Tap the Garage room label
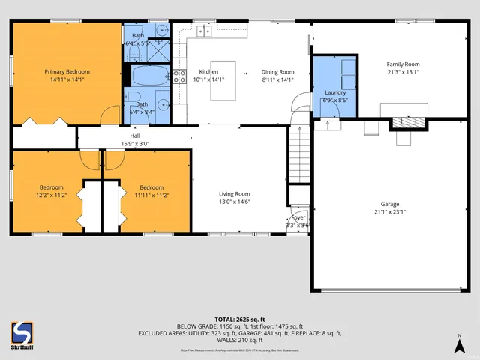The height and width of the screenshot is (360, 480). (x=389, y=204)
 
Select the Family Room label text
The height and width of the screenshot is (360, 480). (x=403, y=64)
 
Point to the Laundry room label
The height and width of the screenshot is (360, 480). (x=334, y=92)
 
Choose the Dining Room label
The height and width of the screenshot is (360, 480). (x=277, y=71)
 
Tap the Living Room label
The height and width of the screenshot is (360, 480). (x=234, y=193)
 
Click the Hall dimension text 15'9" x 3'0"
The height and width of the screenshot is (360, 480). (x=135, y=143)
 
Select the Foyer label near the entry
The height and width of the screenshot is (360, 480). (x=298, y=217)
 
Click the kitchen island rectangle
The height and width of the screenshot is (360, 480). (x=223, y=80)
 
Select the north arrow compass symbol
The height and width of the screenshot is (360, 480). (x=459, y=344)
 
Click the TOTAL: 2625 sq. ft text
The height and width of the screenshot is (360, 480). (x=239, y=319)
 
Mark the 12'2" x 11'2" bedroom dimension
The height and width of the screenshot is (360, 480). (x=52, y=194)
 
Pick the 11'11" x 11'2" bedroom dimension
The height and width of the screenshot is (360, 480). (x=151, y=194)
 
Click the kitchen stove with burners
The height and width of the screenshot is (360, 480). (x=180, y=75)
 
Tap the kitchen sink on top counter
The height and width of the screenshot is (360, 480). (x=204, y=31)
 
